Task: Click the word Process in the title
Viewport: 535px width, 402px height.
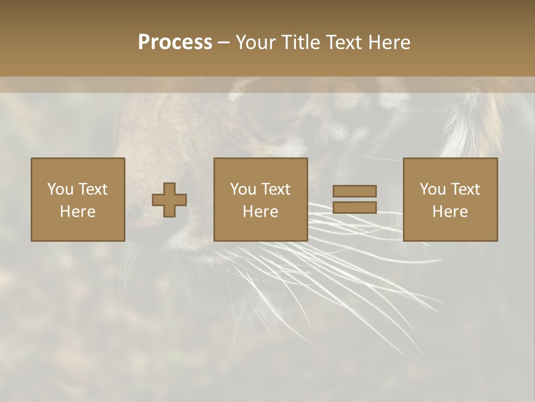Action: (175, 42)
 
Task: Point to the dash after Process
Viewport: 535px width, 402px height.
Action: (224, 43)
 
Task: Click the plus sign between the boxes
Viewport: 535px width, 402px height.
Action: (170, 200)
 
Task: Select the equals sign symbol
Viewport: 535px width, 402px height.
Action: (354, 199)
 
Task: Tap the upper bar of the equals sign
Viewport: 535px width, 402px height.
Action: (354, 192)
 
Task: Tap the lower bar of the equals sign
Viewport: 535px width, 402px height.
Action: (354, 208)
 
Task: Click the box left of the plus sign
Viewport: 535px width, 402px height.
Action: (78, 200)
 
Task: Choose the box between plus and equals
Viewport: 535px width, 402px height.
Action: (261, 200)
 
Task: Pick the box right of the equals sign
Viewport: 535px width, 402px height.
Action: (450, 200)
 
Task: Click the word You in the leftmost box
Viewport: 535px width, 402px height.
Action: (60, 189)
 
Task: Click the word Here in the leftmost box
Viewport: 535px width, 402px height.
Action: (78, 212)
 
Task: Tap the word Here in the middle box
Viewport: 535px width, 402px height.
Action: (261, 212)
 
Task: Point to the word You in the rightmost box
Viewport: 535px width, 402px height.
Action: (432, 189)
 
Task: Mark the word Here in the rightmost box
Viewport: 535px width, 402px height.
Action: (450, 212)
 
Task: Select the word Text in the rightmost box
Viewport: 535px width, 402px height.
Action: (466, 189)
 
